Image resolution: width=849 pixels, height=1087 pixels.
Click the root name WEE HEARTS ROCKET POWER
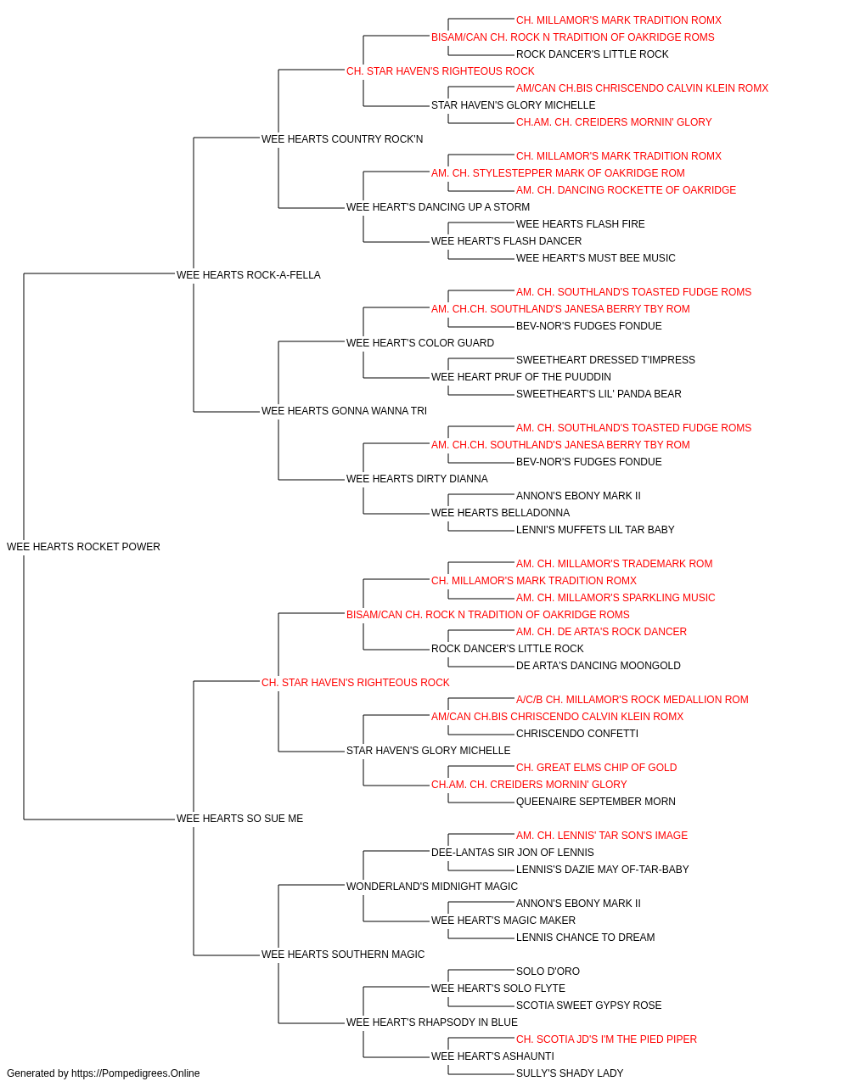coord(83,547)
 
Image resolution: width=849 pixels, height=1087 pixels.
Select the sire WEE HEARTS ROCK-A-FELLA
coord(249,275)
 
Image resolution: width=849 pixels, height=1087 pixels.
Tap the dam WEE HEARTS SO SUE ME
coord(240,819)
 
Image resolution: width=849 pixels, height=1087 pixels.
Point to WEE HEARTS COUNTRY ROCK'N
coord(342,139)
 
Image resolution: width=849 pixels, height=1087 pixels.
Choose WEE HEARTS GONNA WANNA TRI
coord(344,411)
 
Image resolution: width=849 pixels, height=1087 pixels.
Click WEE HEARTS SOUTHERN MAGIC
coord(343,955)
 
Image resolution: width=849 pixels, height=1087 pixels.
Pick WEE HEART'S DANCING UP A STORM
coord(438,207)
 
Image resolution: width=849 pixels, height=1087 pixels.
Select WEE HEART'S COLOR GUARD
coord(420,343)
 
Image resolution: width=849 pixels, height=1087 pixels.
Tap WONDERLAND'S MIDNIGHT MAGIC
coord(432,887)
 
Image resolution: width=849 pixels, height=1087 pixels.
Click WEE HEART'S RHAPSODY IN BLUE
coord(432,1022)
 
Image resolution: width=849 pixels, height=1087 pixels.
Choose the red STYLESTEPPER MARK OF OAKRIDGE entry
coord(558,173)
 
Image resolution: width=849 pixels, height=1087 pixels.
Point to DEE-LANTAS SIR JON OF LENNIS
coord(513,853)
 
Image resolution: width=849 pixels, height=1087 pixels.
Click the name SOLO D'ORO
coord(548,972)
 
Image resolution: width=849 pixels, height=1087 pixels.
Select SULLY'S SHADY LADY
coord(570,1073)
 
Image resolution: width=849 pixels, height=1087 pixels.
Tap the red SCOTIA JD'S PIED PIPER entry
coord(606,1039)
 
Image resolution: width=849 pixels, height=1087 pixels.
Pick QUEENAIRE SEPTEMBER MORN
coord(595,802)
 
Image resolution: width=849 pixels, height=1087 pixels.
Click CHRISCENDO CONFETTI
coord(577,734)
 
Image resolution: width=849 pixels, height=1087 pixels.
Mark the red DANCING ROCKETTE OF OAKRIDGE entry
coord(626,190)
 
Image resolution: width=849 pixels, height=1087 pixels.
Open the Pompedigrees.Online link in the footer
coord(136,1073)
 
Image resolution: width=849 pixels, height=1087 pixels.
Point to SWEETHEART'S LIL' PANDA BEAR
coord(599,394)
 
